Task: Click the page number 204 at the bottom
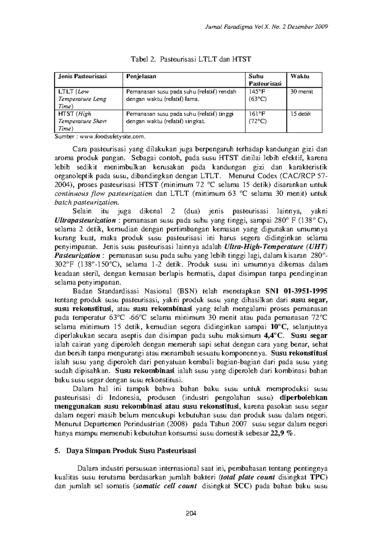(191, 513)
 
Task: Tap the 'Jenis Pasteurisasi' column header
(82, 76)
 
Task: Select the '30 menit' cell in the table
(301, 92)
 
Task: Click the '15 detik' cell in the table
(301, 114)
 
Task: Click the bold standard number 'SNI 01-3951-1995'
(296, 291)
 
